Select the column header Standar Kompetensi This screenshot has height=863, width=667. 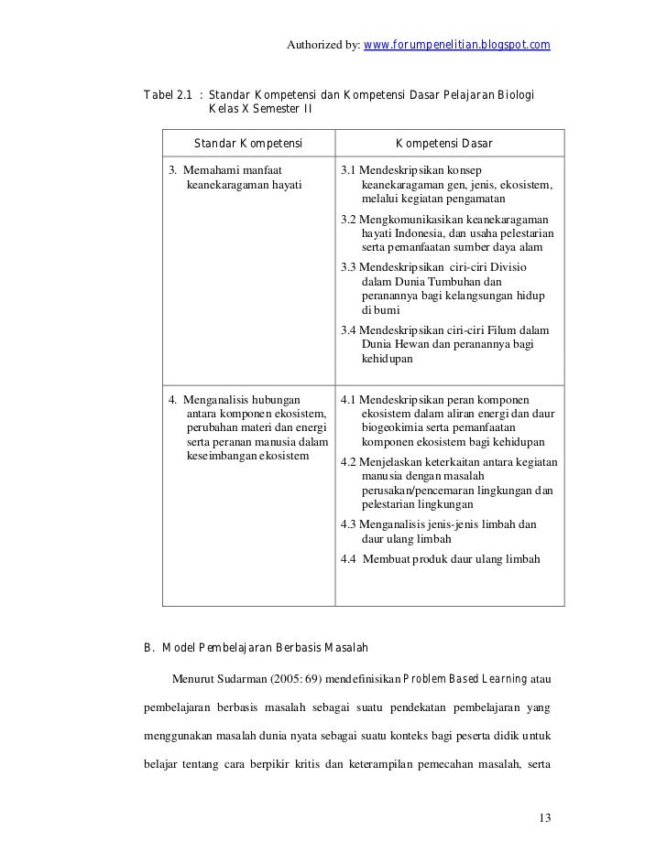tap(247, 143)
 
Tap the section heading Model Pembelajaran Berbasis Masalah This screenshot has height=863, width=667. tap(265, 649)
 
